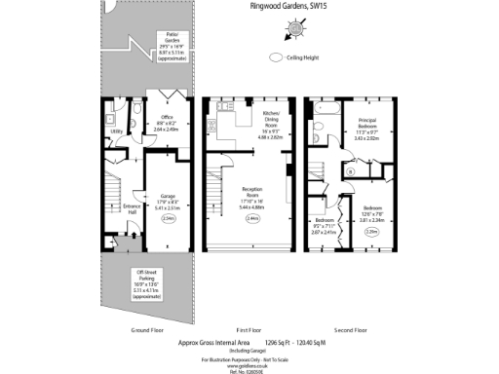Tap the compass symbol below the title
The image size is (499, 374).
tap(318, 32)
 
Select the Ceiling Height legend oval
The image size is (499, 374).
tap(278, 57)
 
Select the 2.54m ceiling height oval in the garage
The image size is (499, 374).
tap(169, 219)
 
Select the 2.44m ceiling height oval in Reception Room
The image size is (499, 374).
tap(252, 219)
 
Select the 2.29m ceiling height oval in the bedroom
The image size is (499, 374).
tap(370, 231)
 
